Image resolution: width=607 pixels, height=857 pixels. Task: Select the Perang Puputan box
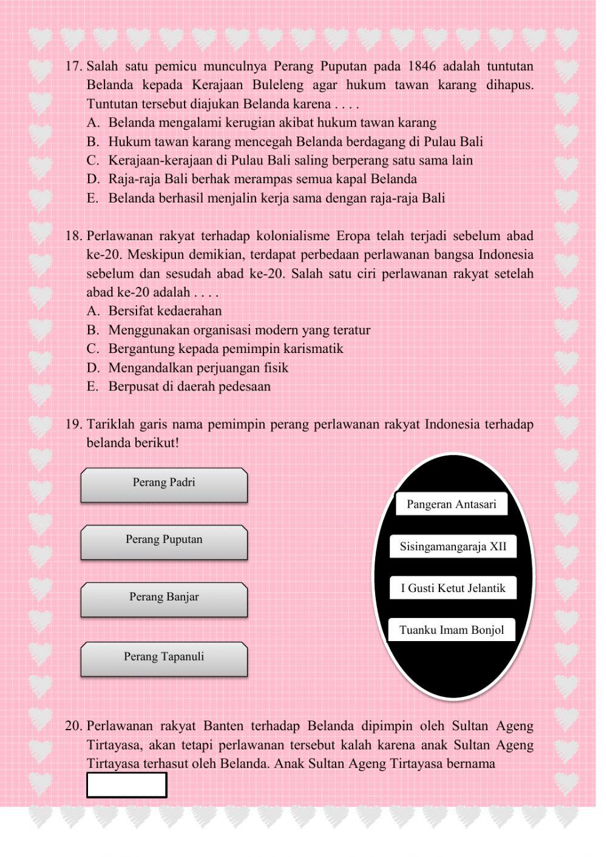click(x=164, y=542)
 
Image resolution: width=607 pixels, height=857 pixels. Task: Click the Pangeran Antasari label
click(x=451, y=504)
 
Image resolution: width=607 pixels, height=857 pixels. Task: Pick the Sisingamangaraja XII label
click(x=453, y=546)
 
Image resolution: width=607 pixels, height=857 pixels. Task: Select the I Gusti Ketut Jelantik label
click(x=453, y=588)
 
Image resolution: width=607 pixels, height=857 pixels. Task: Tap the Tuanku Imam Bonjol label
click(x=452, y=630)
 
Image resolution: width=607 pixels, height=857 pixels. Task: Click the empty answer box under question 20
click(x=126, y=785)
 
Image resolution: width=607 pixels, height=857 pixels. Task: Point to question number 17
click(x=73, y=66)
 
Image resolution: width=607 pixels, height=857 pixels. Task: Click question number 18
click(x=73, y=236)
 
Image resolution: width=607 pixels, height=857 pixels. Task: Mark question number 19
click(x=73, y=424)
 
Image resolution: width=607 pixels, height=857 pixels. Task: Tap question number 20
click(x=73, y=726)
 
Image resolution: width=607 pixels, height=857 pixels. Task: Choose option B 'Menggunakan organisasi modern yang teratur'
click(x=239, y=330)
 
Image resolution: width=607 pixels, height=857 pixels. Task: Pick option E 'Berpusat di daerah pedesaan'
click(x=189, y=386)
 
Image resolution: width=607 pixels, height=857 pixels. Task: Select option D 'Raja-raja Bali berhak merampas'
click(x=262, y=179)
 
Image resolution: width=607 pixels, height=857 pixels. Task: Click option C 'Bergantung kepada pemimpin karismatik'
click(x=225, y=349)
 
